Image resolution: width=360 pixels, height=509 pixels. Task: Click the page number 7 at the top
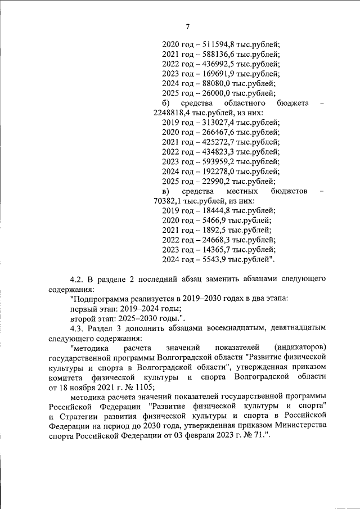click(188, 26)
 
